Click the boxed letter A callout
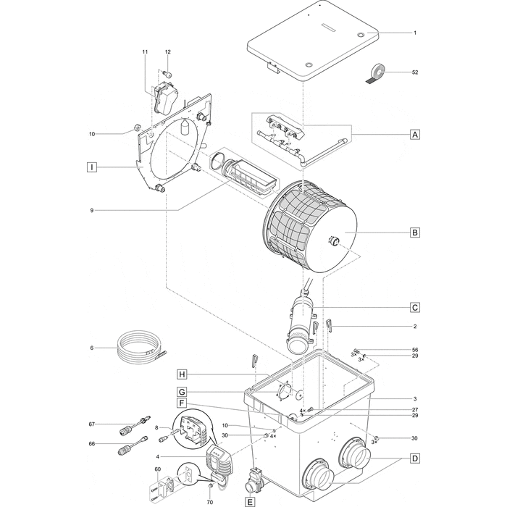[x=414, y=134]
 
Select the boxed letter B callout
[x=414, y=232]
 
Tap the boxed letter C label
[x=414, y=307]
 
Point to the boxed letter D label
[x=414, y=458]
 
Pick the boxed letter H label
[x=183, y=374]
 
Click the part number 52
[x=415, y=72]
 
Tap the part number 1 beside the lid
[x=415, y=33]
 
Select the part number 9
[x=92, y=210]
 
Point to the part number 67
[x=92, y=424]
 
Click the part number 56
[x=415, y=350]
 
